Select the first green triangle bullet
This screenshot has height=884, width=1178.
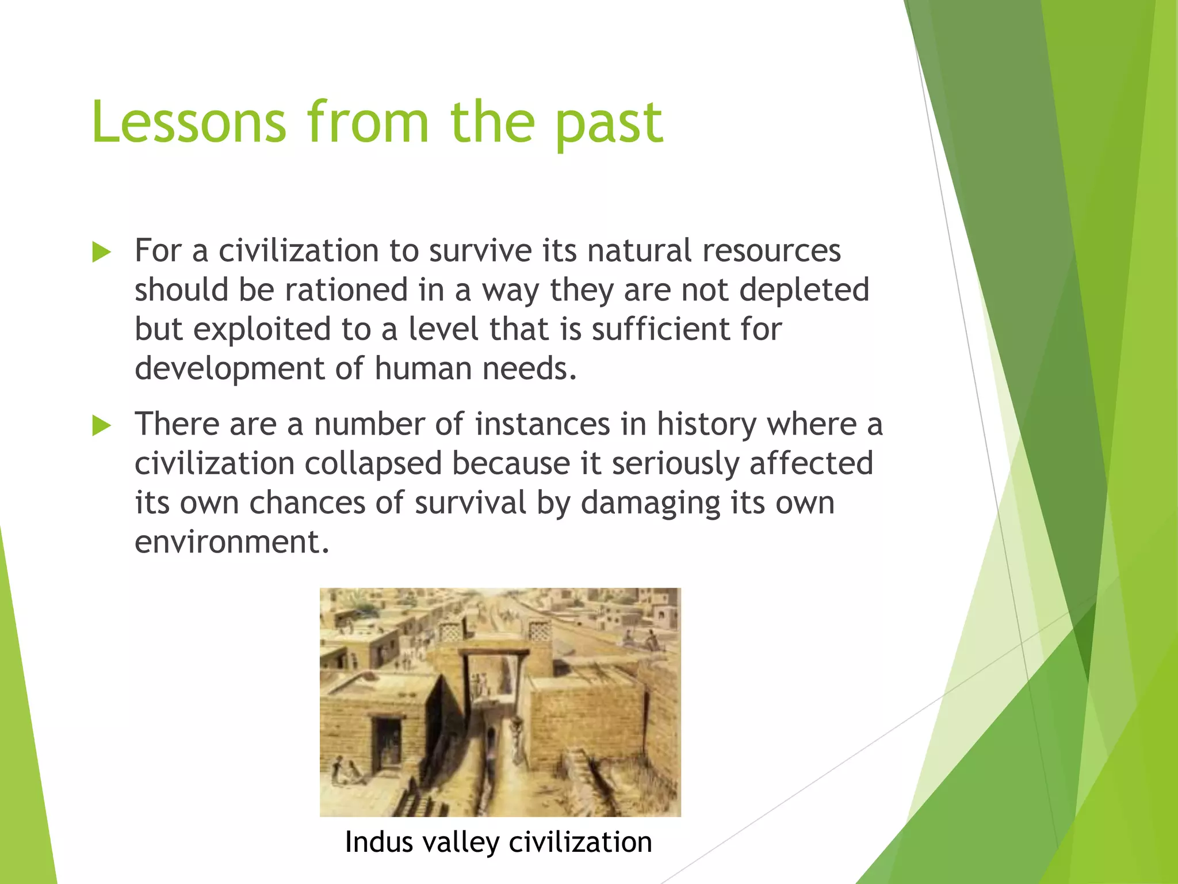[101, 252]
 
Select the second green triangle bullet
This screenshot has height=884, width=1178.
[101, 425]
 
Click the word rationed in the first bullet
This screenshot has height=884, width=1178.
[346, 289]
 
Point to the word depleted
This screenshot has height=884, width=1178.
[804, 289]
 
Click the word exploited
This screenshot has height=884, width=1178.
[262, 329]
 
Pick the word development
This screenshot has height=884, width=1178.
[230, 368]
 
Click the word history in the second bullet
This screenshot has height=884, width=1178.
[706, 425]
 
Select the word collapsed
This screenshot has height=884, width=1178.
[373, 464]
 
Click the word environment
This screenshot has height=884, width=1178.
[231, 542]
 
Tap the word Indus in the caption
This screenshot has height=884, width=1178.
[379, 843]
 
